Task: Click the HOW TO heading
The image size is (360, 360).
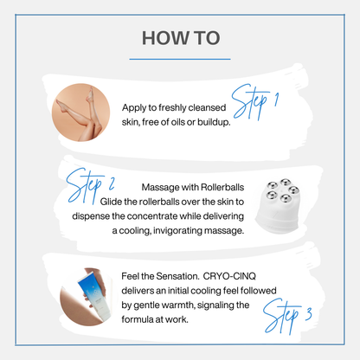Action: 180,38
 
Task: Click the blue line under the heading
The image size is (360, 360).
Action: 180,60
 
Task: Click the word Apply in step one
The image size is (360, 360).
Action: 138,108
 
